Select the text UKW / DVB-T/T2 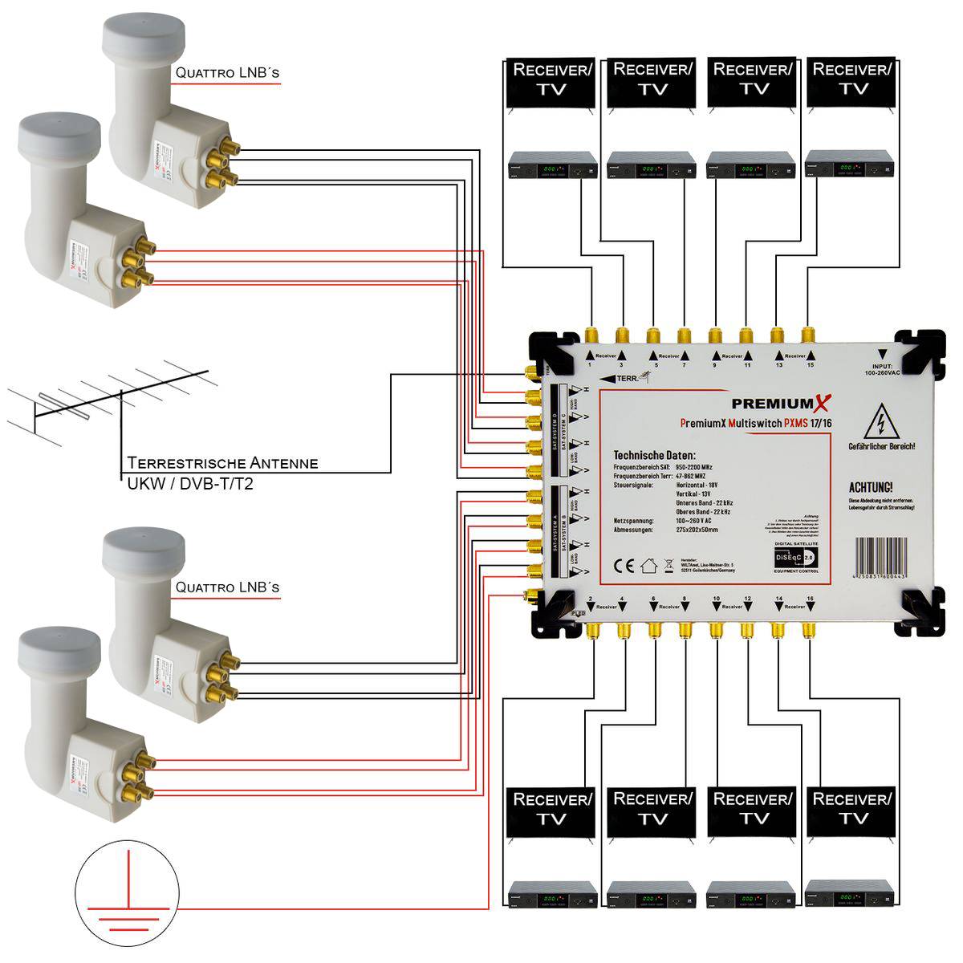pos(190,484)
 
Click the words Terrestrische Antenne pos(222,463)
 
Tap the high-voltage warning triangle pos(880,422)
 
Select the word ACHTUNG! pos(871,487)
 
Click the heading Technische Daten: pos(654,455)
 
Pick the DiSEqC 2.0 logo pos(795,557)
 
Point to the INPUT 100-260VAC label pos(882,370)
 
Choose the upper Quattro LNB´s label pos(227,72)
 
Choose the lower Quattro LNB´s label pos(227,587)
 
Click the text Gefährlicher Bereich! pos(881,446)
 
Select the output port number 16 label pos(810,599)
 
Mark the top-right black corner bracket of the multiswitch pos(918,350)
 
